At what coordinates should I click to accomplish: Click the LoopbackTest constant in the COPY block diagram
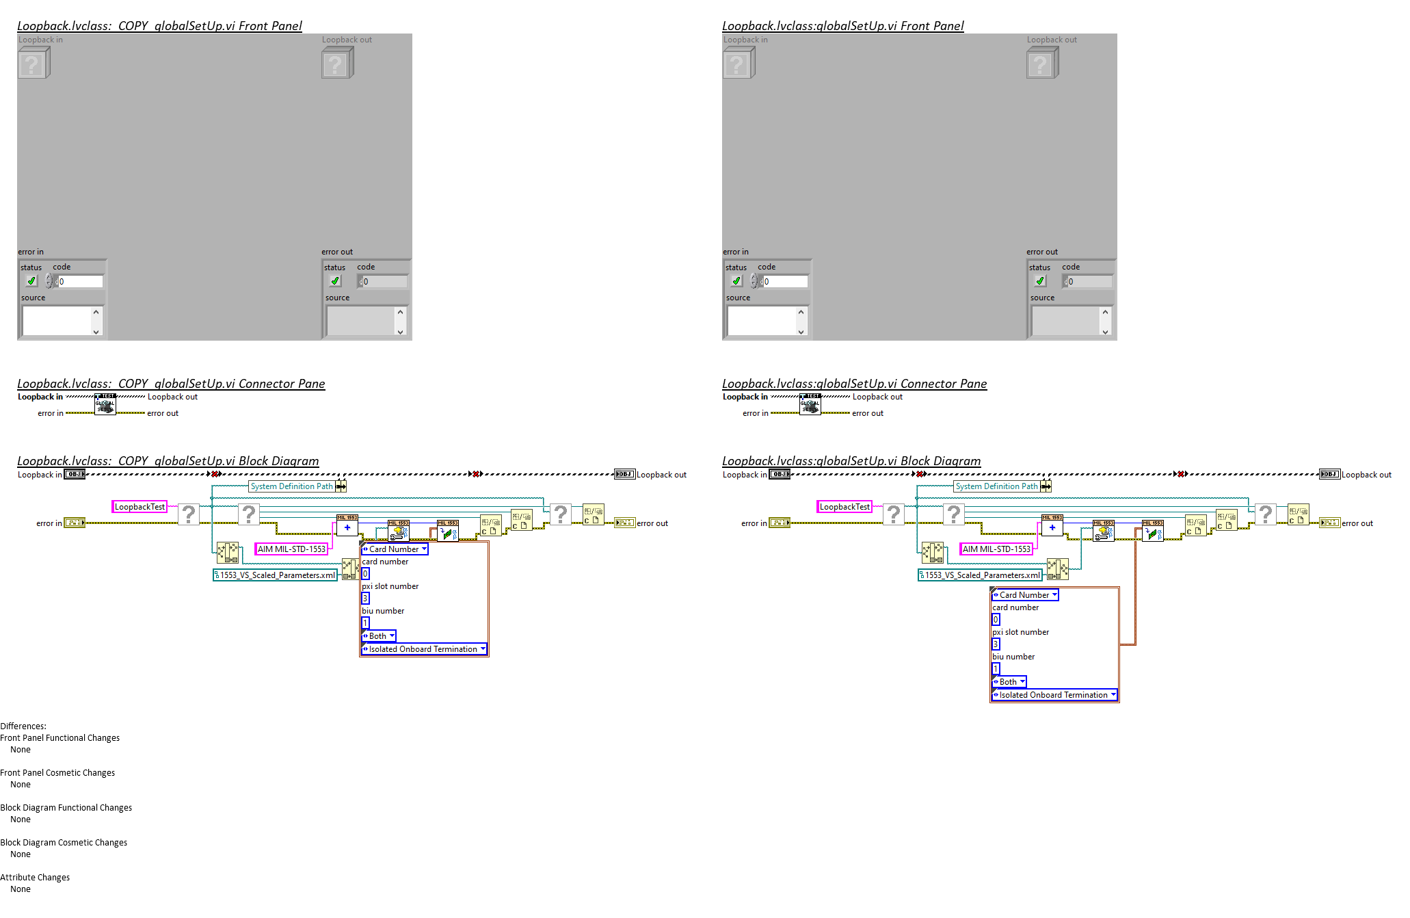[x=139, y=507]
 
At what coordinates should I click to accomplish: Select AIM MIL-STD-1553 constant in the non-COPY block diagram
[x=996, y=549]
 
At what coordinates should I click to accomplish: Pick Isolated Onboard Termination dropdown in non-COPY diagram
[x=1054, y=695]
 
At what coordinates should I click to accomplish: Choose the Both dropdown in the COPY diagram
[x=378, y=636]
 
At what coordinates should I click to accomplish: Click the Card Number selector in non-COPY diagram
[x=1024, y=595]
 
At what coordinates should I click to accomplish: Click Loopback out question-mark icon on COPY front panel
[x=336, y=64]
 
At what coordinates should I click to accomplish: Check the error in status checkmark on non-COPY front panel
[x=736, y=281]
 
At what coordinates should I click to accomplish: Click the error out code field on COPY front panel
[x=384, y=282]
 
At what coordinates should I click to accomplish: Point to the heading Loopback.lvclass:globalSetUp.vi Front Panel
[x=842, y=26]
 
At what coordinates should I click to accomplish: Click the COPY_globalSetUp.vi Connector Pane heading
[x=171, y=384]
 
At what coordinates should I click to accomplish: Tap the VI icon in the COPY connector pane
[x=105, y=404]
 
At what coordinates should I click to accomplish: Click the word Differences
[x=23, y=726]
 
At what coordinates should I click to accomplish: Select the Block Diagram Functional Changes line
[x=66, y=808]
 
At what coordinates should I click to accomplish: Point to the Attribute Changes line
[x=35, y=878]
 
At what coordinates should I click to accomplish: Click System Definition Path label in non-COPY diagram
[x=996, y=486]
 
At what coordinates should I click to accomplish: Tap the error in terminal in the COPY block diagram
[x=75, y=523]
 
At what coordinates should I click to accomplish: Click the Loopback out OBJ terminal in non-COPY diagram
[x=1329, y=475]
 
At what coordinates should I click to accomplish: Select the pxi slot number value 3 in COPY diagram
[x=365, y=599]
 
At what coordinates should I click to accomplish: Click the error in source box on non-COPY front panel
[x=762, y=321]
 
